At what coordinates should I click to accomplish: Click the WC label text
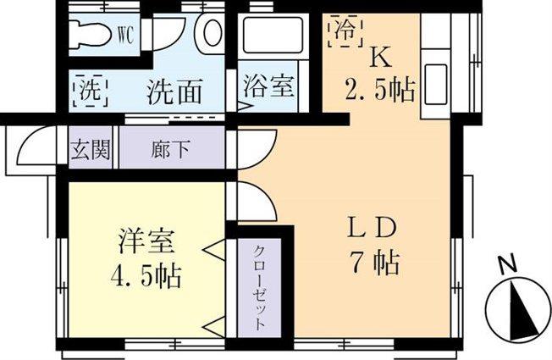pos(125,36)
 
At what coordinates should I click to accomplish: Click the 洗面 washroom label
pos(174,91)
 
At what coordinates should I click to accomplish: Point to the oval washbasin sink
pos(213,33)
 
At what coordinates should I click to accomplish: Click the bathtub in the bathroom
pos(273,36)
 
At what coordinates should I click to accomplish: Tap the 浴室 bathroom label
pos(268,86)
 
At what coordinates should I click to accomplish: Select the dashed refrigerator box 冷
pos(345,30)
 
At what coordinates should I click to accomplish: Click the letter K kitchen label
pos(380,57)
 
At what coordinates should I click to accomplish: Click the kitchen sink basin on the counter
pos(436,84)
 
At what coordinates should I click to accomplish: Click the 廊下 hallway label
pos(171,149)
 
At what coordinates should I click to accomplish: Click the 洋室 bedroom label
pos(146,241)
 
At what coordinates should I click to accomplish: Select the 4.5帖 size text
pos(146,276)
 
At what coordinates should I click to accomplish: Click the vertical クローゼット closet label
pos(259,287)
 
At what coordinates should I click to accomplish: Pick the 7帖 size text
pos(374,263)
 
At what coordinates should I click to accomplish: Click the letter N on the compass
pos(507,263)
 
